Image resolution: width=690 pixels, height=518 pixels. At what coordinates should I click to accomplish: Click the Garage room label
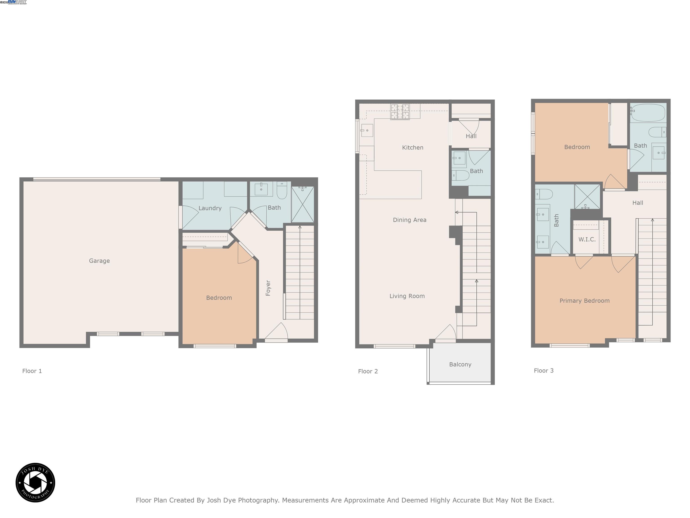point(99,261)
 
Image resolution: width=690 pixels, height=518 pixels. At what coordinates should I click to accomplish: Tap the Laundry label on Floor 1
point(210,208)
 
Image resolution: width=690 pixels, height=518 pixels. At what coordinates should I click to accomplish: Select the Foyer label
point(268,288)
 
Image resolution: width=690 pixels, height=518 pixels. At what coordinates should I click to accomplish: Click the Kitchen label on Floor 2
point(412,148)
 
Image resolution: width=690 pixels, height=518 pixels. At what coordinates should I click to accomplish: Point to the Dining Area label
point(409,220)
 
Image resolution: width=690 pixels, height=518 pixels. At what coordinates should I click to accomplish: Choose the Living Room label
point(407,296)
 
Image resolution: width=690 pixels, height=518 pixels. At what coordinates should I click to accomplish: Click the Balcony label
point(460,364)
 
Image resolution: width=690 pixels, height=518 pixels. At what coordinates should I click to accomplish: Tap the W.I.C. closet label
point(587,239)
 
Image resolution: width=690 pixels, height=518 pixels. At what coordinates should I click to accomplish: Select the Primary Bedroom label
point(584,301)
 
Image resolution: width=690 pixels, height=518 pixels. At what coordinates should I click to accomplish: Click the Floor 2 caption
point(368,371)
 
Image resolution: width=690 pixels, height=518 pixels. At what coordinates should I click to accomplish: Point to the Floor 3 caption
point(543,371)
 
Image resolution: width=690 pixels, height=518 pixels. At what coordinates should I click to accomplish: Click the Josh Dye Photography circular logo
point(35,482)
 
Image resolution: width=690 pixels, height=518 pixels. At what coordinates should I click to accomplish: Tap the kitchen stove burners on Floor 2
point(400,112)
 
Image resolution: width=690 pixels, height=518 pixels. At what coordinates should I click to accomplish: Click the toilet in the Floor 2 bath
point(461,175)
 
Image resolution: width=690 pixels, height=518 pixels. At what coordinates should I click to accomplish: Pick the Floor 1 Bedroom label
point(219,298)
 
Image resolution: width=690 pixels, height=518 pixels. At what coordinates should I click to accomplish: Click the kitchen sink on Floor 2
point(367,131)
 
